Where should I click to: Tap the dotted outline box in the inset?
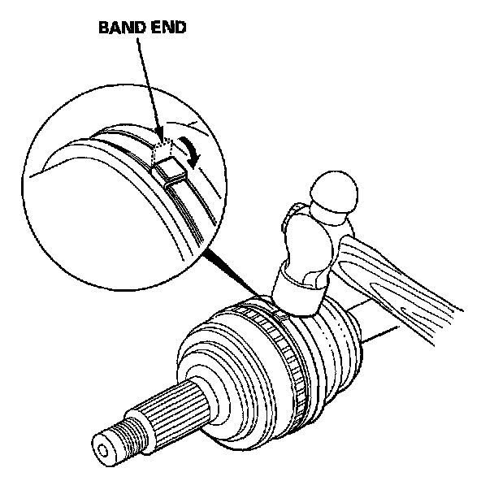coord(163,150)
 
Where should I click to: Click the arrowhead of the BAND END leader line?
coord(159,133)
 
